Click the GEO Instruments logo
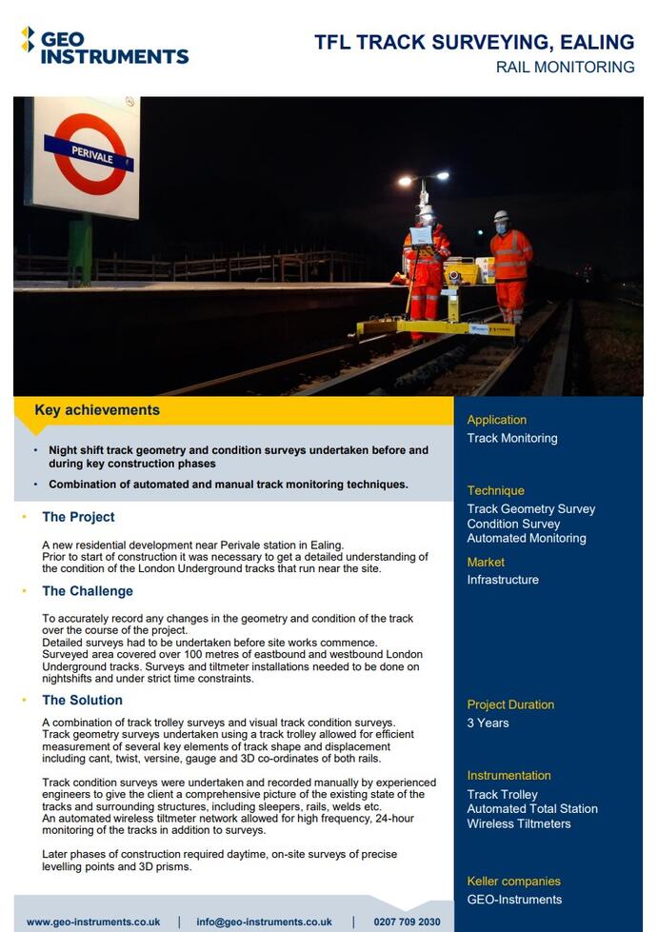coord(105,45)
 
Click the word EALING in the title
coord(597,42)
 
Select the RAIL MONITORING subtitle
coord(565,68)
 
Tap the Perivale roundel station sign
coord(88,155)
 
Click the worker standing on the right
coord(511,265)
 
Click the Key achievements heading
coord(97,410)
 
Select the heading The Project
coord(78,517)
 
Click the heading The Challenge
coord(88,591)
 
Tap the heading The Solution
coord(82,700)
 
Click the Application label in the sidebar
coord(496,420)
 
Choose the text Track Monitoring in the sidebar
coord(511,438)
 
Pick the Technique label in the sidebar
coord(495,490)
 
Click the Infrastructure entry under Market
coord(502,580)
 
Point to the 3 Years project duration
coord(488,723)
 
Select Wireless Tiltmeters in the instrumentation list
coord(518,823)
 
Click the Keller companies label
coord(513,882)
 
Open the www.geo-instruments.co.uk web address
coord(93,922)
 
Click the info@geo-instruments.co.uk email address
coord(264,922)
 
